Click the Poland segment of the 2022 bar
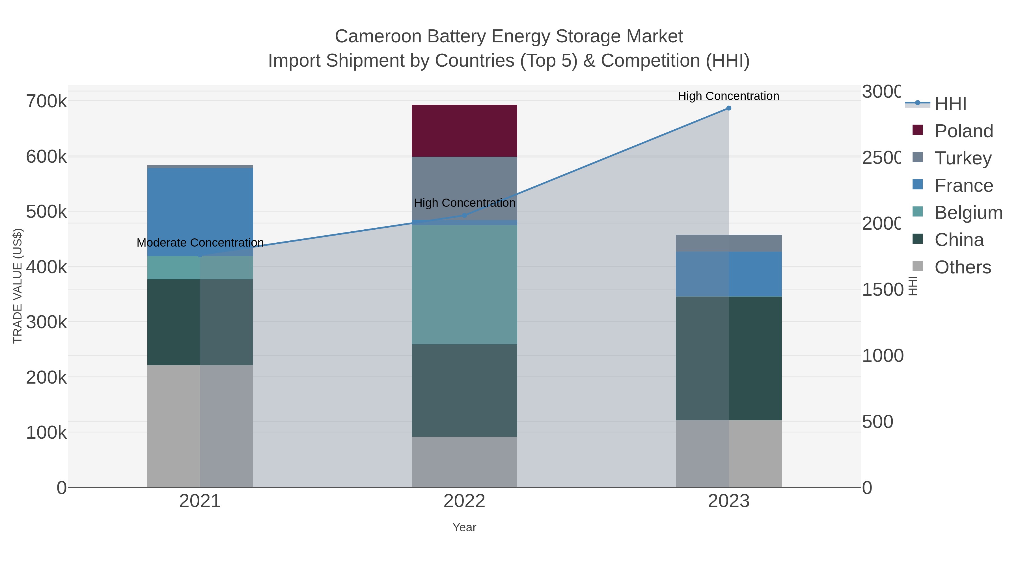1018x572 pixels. click(464, 131)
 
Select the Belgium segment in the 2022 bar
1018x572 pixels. click(464, 284)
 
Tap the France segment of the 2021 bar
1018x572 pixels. click(200, 212)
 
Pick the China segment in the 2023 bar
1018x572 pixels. click(728, 358)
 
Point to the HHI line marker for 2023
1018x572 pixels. click(728, 108)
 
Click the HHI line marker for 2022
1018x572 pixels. click(464, 216)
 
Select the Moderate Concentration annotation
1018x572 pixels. click(200, 243)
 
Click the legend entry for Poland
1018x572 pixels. click(963, 131)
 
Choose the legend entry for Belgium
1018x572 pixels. click(968, 213)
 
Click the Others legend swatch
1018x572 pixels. click(918, 266)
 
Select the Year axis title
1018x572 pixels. click(464, 527)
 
